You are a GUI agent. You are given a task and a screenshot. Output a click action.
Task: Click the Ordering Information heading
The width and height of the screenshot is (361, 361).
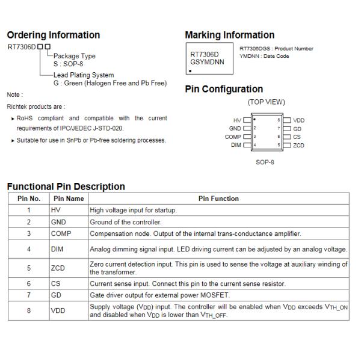click(x=54, y=35)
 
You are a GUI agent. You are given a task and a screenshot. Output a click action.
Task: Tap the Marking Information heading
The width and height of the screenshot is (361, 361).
click(x=230, y=35)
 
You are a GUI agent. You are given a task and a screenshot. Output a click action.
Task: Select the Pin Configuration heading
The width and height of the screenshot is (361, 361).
click(x=224, y=89)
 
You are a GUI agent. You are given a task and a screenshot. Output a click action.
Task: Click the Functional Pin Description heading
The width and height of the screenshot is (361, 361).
click(x=66, y=187)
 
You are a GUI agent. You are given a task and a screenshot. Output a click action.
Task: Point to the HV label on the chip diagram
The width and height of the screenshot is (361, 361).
click(x=237, y=120)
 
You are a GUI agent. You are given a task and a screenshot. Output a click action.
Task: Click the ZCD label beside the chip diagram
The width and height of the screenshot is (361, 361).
click(x=298, y=145)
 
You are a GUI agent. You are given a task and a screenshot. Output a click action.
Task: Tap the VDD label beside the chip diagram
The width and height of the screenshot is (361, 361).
click(x=299, y=120)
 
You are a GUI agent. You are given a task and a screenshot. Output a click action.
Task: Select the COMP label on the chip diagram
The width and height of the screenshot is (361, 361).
click(x=233, y=137)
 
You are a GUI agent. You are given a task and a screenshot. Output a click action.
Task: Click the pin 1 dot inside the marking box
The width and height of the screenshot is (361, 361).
click(x=190, y=71)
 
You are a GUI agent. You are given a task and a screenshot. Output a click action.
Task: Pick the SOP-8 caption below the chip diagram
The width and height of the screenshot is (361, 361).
click(x=265, y=162)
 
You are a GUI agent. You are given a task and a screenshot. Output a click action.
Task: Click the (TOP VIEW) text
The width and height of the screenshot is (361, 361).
click(x=267, y=102)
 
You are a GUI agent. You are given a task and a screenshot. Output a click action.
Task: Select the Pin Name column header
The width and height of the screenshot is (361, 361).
click(x=69, y=199)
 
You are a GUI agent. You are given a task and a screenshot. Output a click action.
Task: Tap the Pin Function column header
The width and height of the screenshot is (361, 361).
click(x=218, y=199)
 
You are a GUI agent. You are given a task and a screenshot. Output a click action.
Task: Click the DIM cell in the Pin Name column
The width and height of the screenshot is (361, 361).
click(x=57, y=249)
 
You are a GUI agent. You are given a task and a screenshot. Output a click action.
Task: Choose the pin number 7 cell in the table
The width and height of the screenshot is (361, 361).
click(x=29, y=295)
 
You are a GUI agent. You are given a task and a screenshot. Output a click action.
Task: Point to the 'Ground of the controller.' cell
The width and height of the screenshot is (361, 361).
click(x=126, y=222)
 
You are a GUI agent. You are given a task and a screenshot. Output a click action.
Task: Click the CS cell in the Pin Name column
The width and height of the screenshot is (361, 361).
click(x=55, y=283)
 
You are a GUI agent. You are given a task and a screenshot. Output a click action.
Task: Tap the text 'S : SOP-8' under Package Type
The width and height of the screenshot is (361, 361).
click(x=68, y=64)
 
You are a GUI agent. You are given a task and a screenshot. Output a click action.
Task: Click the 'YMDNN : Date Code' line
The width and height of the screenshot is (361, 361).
click(x=264, y=56)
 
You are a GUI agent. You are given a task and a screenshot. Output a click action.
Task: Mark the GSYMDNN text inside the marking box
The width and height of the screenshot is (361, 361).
click(x=207, y=62)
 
